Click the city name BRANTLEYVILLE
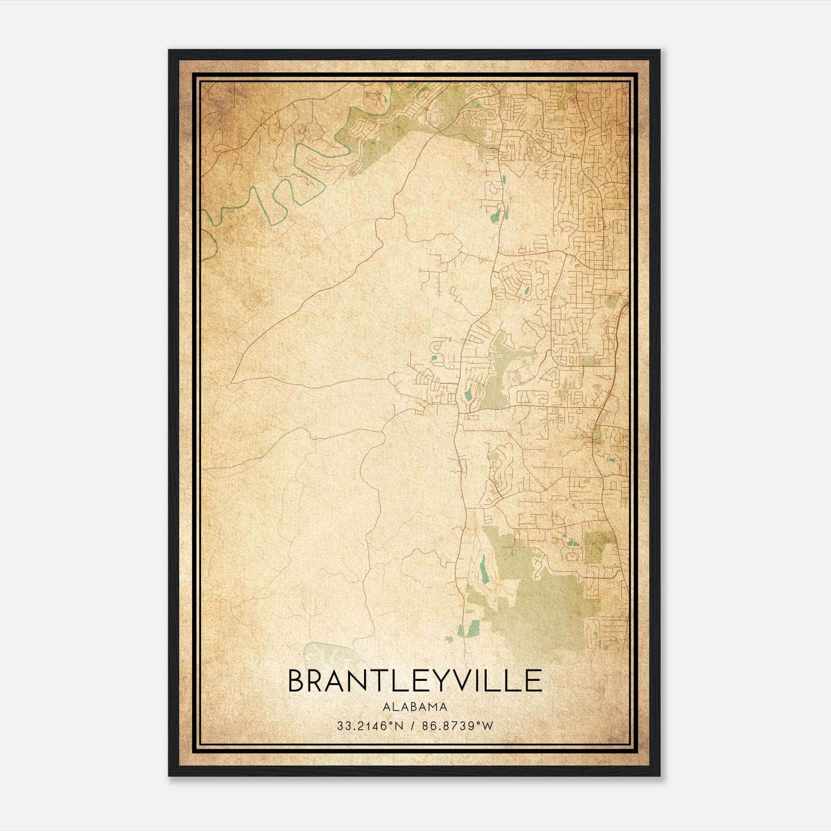[x=414, y=681]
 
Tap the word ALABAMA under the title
[x=414, y=707]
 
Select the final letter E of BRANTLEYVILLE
[x=534, y=681]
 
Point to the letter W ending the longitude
[x=487, y=726]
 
